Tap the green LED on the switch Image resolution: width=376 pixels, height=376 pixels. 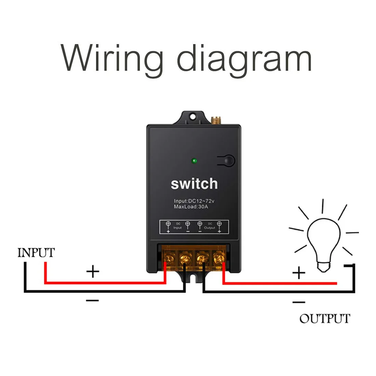[x=194, y=160]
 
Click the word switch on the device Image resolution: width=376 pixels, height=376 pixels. [x=194, y=184]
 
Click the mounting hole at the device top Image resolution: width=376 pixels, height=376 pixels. [x=193, y=116]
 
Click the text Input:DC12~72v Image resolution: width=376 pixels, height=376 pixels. [x=194, y=201]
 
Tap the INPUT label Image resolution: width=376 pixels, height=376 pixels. [x=36, y=253]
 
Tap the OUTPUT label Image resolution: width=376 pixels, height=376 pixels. [x=325, y=319]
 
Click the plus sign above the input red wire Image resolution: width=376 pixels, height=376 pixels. [x=93, y=272]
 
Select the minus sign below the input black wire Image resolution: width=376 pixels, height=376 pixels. [x=92, y=300]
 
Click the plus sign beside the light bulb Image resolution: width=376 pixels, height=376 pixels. [x=299, y=273]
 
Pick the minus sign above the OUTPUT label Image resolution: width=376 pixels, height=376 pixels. [x=299, y=302]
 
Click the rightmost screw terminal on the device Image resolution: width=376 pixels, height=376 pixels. [x=218, y=257]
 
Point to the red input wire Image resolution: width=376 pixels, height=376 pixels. [x=103, y=283]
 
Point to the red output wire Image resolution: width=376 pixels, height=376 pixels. [x=280, y=283]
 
